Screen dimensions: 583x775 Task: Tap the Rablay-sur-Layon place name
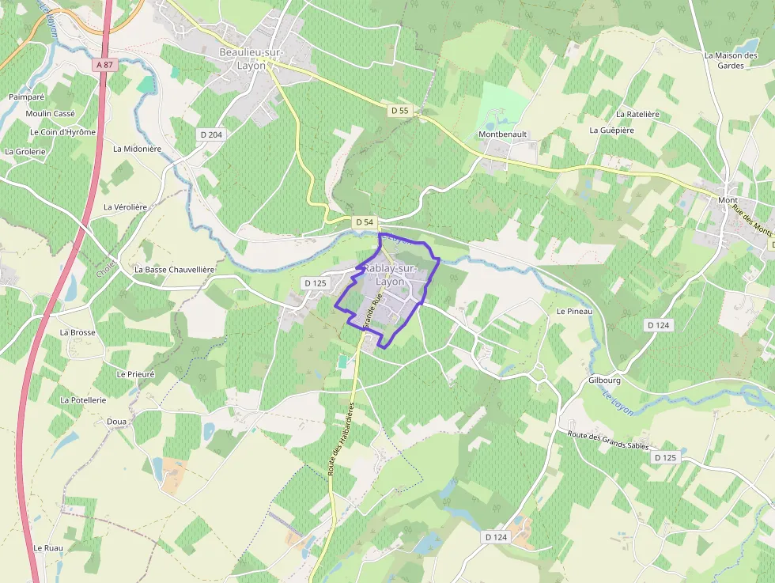click(390, 274)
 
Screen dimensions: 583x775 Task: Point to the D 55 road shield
click(399, 111)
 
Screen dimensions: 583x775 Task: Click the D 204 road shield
click(211, 134)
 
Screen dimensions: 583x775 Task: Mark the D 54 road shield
click(364, 222)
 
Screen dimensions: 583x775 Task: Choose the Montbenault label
click(502, 134)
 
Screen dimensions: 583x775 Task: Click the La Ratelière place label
click(637, 114)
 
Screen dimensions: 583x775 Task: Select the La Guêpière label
click(611, 130)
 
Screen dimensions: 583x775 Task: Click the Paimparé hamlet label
click(27, 97)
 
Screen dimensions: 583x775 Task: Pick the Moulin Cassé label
click(50, 114)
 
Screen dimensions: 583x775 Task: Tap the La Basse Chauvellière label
click(175, 269)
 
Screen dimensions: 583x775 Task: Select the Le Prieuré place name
click(135, 373)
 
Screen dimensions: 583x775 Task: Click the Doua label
click(116, 422)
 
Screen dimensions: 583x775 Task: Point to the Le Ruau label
click(47, 547)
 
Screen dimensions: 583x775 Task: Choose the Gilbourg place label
click(604, 380)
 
